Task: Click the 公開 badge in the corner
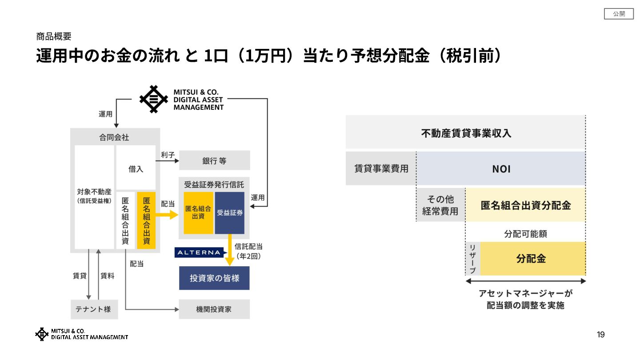(x=619, y=14)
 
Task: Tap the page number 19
(x=600, y=335)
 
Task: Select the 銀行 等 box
(x=214, y=160)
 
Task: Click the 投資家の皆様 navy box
(x=214, y=278)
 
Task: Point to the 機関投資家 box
(x=214, y=309)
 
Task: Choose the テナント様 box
(x=94, y=309)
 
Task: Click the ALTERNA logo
(x=198, y=252)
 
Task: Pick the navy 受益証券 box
(x=230, y=213)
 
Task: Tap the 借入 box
(x=136, y=169)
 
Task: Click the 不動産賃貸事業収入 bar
(x=465, y=132)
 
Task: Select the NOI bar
(x=501, y=169)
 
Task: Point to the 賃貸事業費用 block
(x=381, y=169)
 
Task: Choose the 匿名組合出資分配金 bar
(x=525, y=205)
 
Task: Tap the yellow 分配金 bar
(x=532, y=259)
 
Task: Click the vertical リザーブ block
(x=472, y=259)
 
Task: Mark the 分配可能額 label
(x=525, y=233)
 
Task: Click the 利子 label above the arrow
(x=168, y=155)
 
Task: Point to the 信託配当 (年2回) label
(x=248, y=251)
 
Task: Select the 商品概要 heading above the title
(x=54, y=36)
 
